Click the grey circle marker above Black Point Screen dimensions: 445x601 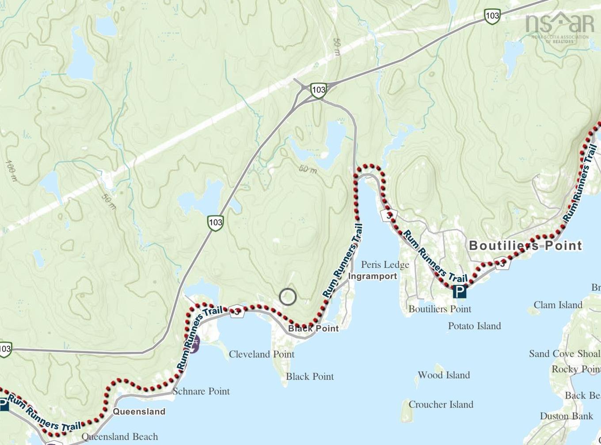tap(288, 297)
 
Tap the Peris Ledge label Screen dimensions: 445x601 tap(385, 265)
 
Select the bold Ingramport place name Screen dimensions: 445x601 tap(373, 276)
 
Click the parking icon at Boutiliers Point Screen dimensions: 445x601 tap(460, 292)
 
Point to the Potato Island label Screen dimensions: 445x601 tap(474, 326)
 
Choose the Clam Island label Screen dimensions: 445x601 tap(558, 305)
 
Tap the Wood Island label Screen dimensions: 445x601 tap(444, 375)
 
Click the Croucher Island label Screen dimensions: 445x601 tap(441, 404)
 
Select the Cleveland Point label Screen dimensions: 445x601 tap(262, 354)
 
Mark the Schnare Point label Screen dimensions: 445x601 tap(201, 391)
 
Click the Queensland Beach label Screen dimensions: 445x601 tap(120, 437)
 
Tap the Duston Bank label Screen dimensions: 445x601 tap(566, 416)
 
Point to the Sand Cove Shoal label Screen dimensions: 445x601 tap(564, 354)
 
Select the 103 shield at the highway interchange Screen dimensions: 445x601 tap(318, 90)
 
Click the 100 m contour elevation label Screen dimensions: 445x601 tap(11, 171)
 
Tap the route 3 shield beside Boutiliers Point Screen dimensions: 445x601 tap(502, 263)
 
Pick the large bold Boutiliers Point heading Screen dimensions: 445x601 tap(525, 246)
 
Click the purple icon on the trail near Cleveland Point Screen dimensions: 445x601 tap(194, 344)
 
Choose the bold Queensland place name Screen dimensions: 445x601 tap(139, 411)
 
